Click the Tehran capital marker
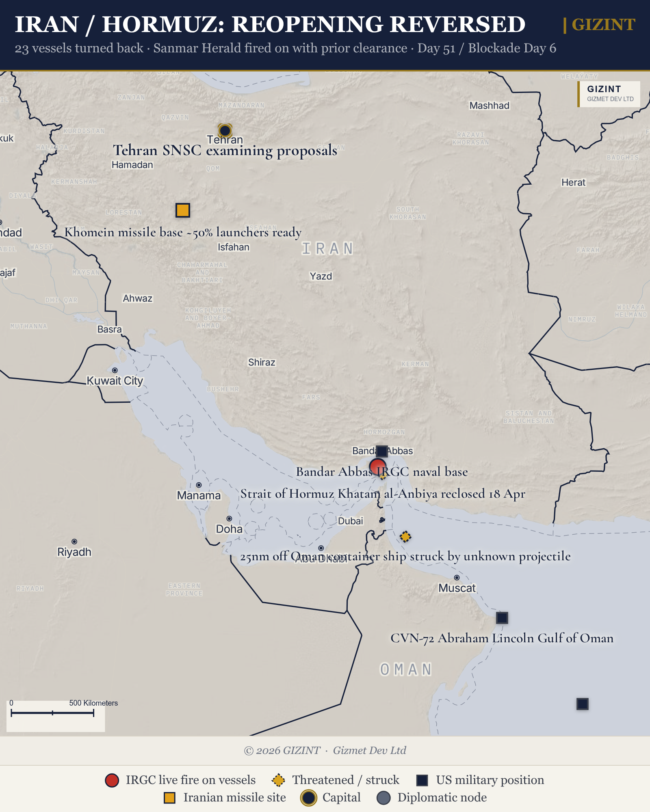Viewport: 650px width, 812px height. tap(225, 130)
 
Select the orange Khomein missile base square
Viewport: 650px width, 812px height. tap(183, 210)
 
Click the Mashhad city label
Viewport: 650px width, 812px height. tap(489, 106)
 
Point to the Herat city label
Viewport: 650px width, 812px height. tap(573, 182)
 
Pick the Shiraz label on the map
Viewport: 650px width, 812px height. tap(262, 362)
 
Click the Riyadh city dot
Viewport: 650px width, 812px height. tap(74, 542)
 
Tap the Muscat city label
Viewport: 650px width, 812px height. tap(457, 588)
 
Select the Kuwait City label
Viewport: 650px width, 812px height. tap(115, 381)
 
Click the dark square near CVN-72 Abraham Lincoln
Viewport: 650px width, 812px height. tap(502, 618)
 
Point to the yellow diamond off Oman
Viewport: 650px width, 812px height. tap(405, 537)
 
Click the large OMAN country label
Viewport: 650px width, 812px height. tap(405, 669)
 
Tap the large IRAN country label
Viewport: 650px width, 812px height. tap(327, 248)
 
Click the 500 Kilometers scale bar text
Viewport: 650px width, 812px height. tap(93, 703)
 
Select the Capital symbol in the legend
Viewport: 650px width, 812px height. tap(309, 798)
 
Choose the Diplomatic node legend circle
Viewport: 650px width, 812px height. tap(383, 798)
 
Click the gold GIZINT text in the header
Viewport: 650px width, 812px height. tap(603, 25)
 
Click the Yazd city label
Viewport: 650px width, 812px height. tap(321, 276)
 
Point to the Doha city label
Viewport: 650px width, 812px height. tap(229, 529)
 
